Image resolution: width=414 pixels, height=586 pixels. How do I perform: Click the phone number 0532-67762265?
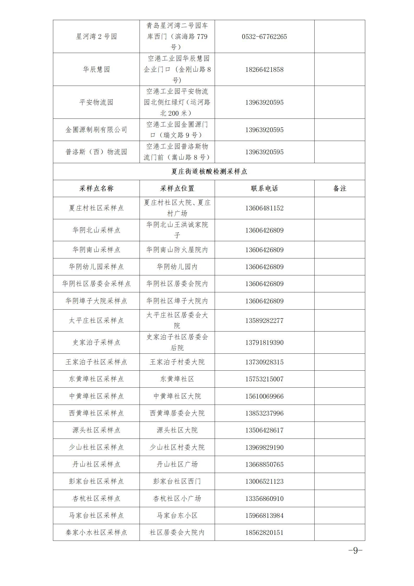pos(264,37)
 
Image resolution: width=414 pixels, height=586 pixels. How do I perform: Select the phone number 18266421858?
pos(264,69)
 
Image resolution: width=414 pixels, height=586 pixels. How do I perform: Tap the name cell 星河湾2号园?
pos(96,37)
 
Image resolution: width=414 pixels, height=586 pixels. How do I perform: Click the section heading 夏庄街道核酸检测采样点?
pos(209,171)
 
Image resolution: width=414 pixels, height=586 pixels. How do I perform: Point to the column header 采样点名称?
pos(96,188)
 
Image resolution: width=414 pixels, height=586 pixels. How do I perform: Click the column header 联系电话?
pos(264,188)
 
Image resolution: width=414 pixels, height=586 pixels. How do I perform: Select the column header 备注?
pos(339,188)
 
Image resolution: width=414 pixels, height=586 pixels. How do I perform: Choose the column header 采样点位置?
pos(177,188)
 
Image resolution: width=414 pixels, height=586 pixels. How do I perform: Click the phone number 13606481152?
pos(264,208)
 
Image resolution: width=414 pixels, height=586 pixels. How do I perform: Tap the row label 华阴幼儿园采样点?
pos(96,267)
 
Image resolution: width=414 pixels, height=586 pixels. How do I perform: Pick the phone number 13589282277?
pos(264,321)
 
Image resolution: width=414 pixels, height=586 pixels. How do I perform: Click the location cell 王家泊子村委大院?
pos(177,362)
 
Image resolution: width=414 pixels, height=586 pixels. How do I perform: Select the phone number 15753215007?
pos(264,379)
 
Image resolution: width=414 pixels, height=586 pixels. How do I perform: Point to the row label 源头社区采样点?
pos(96,430)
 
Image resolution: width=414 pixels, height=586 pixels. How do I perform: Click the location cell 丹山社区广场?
pos(177,464)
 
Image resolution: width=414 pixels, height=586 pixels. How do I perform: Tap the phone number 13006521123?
pos(264,481)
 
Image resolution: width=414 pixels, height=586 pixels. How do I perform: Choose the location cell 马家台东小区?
pos(177,516)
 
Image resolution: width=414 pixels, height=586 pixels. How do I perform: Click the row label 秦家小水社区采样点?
pos(96,532)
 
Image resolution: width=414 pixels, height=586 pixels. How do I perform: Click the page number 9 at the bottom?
pos(355,551)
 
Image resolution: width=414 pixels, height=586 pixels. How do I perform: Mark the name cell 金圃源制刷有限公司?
pos(96,130)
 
